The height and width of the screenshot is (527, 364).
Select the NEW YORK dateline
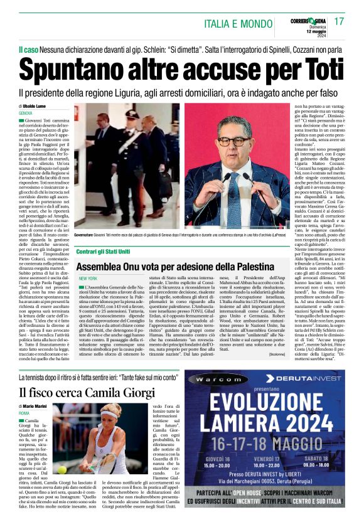click(x=88, y=278)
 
